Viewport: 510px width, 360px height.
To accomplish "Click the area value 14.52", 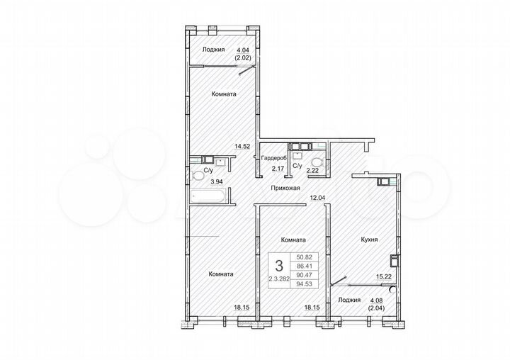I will click(x=243, y=147).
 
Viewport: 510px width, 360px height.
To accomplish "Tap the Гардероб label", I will click(x=273, y=159).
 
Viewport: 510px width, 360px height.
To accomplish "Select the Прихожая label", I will click(x=286, y=188).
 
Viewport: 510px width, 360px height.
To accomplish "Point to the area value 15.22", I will click(x=383, y=279).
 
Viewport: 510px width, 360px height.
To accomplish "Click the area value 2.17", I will click(x=268, y=170).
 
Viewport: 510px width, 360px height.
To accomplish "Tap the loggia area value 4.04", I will click(x=243, y=50).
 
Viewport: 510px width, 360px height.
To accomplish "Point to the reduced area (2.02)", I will click(x=243, y=58).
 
